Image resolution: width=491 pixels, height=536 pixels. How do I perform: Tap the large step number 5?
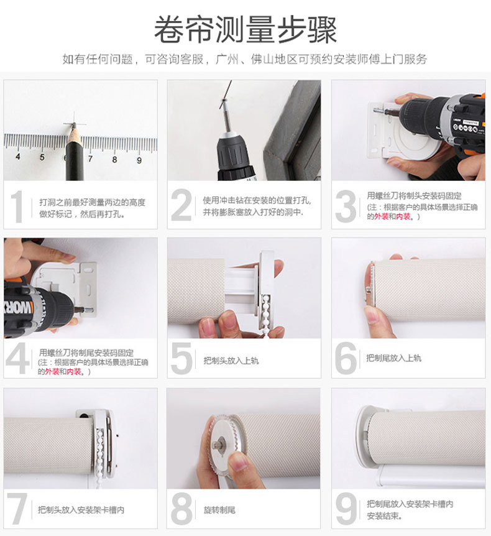[181, 358]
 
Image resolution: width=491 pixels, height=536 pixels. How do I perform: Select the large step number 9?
[346, 509]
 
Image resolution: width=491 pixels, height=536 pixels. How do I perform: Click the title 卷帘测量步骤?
[245, 30]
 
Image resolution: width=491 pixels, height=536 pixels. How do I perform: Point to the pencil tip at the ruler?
[73, 126]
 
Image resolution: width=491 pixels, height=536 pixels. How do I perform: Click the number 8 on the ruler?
[114, 159]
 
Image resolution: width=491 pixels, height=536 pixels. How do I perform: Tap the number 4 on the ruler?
[18, 157]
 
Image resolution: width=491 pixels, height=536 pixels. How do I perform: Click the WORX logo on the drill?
[18, 308]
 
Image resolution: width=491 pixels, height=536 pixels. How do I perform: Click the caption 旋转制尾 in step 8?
[219, 510]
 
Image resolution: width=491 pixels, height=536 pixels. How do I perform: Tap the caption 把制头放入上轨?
[231, 361]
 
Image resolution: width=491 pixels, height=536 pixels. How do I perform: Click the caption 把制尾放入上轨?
[393, 358]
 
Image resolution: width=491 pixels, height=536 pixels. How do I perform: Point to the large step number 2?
[181, 205]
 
